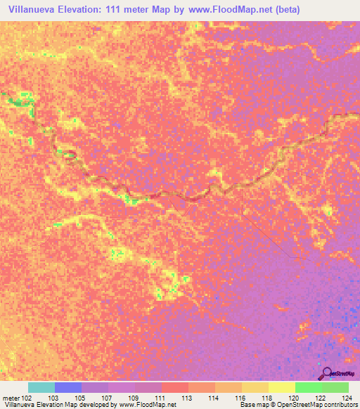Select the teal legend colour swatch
[41, 387]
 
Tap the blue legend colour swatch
[68, 387]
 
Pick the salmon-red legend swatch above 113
[175, 387]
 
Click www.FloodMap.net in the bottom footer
[148, 405]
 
